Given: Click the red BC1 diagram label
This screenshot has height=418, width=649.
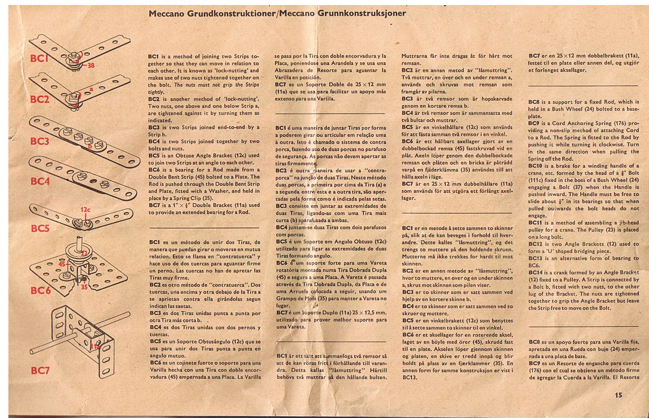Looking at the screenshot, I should [39, 58].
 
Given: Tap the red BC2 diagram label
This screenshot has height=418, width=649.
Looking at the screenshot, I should [40, 100].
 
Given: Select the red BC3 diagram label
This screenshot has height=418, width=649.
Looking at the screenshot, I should [40, 141].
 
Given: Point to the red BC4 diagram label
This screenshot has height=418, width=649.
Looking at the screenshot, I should [40, 181].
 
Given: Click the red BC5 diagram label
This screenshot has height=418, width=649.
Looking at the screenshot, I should [40, 228].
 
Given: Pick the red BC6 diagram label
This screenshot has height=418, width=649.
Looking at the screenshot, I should [40, 290].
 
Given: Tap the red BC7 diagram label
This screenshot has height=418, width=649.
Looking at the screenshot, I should [40, 371].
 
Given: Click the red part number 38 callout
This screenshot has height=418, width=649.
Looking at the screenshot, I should [91, 65].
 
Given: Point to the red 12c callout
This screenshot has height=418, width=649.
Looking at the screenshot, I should [86, 209].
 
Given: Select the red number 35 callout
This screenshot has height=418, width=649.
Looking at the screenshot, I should [84, 287].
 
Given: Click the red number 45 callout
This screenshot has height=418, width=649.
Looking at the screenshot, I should [62, 263].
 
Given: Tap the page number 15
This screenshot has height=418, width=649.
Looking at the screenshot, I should [618, 395].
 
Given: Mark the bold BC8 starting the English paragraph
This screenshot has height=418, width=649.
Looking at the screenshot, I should [534, 102].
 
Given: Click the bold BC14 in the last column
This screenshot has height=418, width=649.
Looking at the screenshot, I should [536, 272].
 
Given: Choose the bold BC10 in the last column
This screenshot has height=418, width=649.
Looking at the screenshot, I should [536, 166].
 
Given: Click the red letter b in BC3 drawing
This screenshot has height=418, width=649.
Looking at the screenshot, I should [89, 147].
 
